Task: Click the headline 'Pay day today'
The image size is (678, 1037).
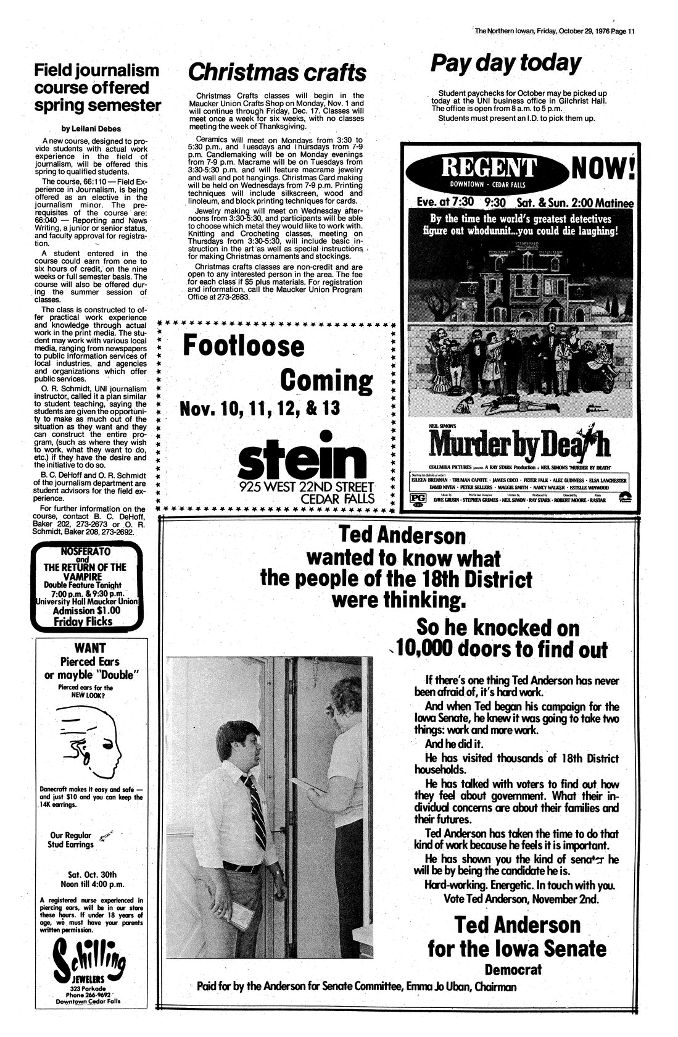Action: [505, 63]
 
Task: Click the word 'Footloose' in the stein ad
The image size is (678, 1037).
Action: [244, 346]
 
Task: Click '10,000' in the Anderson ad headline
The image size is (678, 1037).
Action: [432, 649]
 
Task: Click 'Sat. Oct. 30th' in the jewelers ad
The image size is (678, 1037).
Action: [91, 875]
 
